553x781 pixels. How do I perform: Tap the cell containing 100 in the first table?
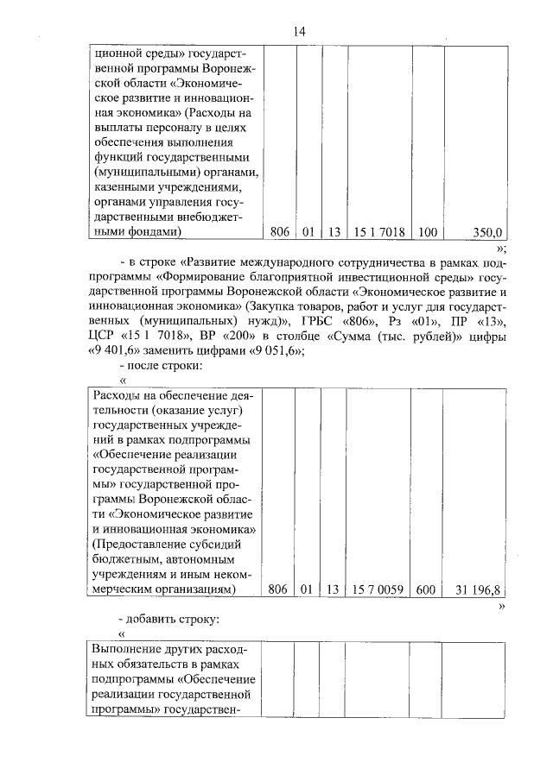click(428, 232)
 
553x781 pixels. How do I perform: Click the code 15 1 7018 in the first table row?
click(379, 232)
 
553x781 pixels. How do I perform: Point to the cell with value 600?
click(428, 589)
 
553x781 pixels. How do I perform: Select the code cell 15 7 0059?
click(378, 589)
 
